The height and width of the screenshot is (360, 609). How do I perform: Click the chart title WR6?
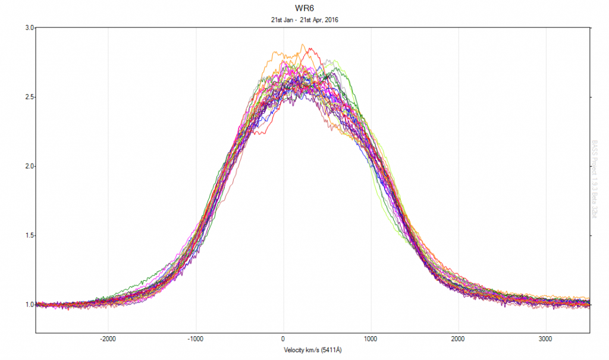[304, 9]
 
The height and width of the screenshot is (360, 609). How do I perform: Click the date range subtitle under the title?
[304, 20]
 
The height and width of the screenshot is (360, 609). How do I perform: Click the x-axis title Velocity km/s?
[304, 350]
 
